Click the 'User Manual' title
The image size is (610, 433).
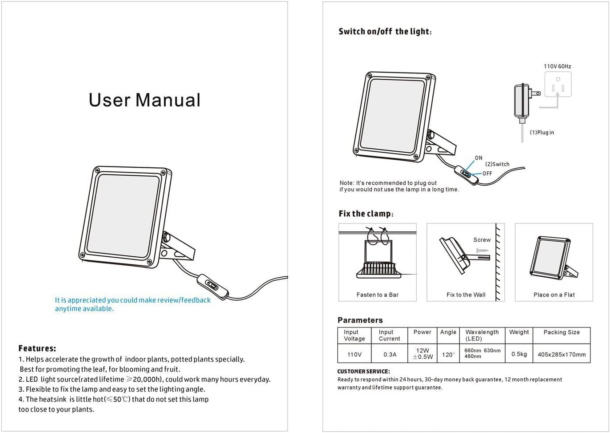point(144,100)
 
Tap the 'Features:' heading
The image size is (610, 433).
point(37,348)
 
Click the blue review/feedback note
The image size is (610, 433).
point(133,304)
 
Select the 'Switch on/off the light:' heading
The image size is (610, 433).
point(385,32)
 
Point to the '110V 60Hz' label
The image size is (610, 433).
point(558,66)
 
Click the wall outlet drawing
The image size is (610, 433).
point(558,84)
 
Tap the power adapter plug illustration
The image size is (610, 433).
point(526,104)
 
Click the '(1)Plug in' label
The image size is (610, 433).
point(542,132)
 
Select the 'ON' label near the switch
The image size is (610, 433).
point(478,158)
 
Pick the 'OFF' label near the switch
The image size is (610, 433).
point(487,173)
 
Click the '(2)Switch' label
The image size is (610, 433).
point(497,164)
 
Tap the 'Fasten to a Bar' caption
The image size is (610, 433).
point(378,295)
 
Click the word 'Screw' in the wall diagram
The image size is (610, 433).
point(482,239)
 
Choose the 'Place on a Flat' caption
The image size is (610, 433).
point(554,295)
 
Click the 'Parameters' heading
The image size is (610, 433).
point(360,320)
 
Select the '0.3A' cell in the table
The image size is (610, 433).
point(390,354)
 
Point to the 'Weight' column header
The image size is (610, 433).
point(519,332)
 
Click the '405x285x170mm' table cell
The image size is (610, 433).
point(562,354)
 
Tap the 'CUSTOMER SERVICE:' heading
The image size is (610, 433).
point(363,371)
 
